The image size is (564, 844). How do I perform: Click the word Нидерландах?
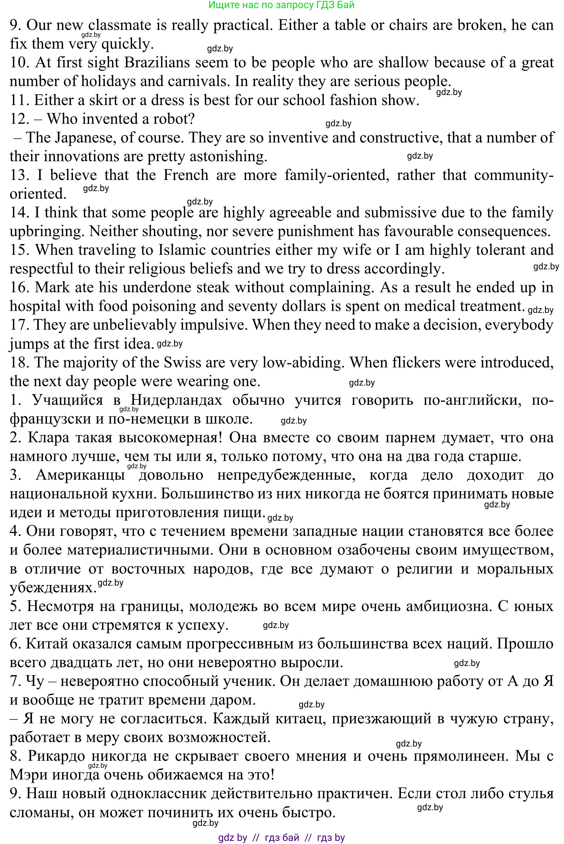click(x=176, y=400)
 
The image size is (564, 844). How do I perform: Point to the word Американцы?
click(x=80, y=475)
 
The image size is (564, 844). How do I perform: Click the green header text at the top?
click(x=281, y=5)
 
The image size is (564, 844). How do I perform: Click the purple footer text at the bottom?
click(x=281, y=838)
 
